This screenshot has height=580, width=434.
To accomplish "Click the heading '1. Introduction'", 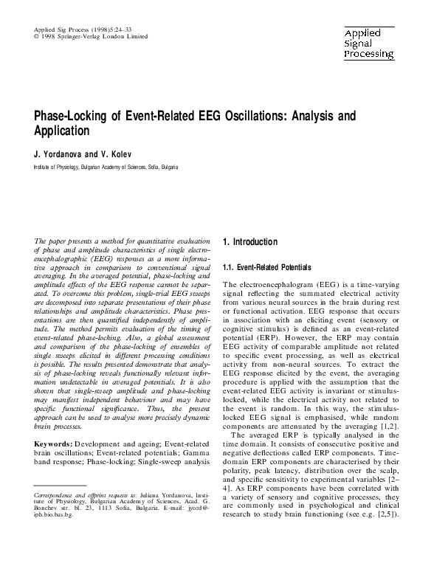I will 249,242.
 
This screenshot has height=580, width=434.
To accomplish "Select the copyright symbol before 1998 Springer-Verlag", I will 37,35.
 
